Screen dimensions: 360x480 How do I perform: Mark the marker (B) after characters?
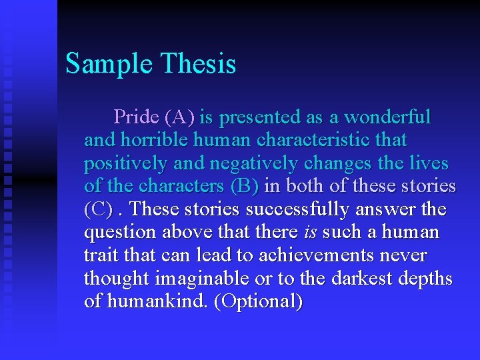tap(244, 187)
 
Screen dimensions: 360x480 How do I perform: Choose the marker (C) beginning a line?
tap(99, 210)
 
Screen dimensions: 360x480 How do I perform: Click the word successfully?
tap(298, 210)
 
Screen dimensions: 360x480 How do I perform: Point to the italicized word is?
tap(310, 233)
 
